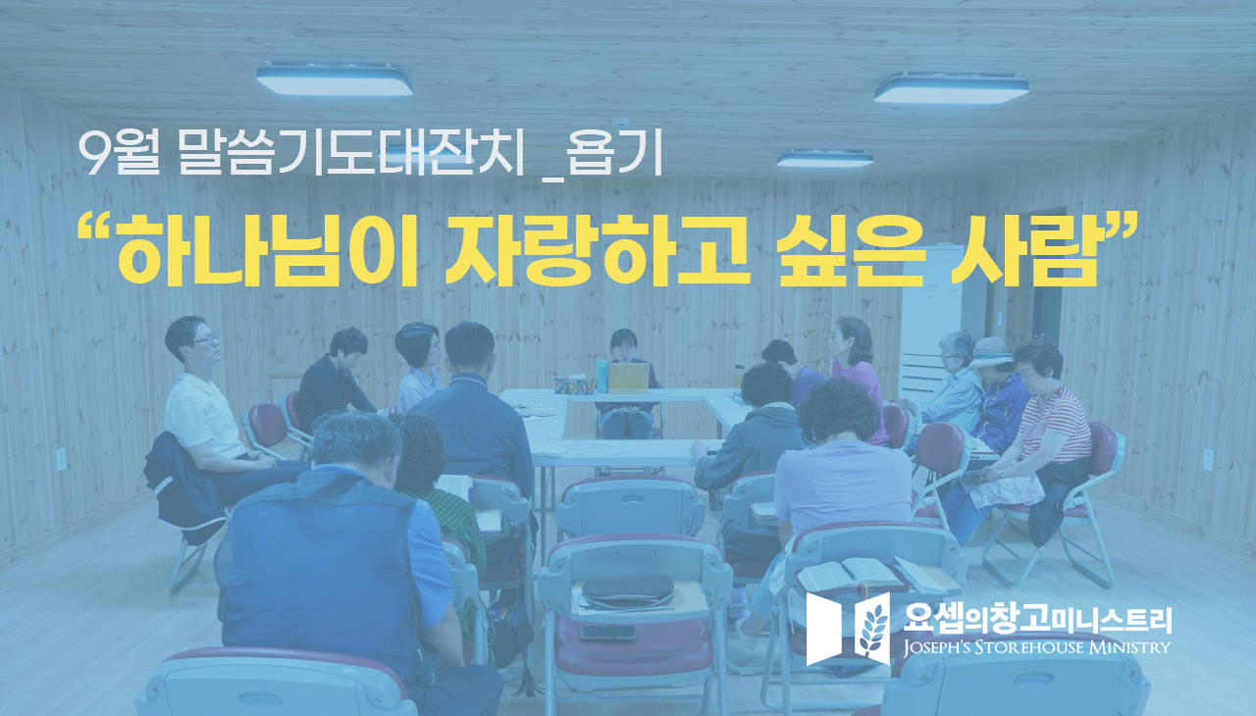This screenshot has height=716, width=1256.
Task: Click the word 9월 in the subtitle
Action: (119, 153)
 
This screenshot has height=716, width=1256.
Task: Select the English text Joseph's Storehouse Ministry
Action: (1037, 647)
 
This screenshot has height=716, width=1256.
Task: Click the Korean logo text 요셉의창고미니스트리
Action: (1037, 619)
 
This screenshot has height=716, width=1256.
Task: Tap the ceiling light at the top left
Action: (335, 81)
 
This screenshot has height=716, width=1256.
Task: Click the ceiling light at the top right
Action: (951, 89)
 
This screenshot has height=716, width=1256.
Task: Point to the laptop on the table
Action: (629, 377)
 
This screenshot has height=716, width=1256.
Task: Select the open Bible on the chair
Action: (850, 574)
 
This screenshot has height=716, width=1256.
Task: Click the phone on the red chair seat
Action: (607, 633)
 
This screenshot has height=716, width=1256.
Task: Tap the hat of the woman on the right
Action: (990, 351)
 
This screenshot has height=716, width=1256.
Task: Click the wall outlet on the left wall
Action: (61, 459)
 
